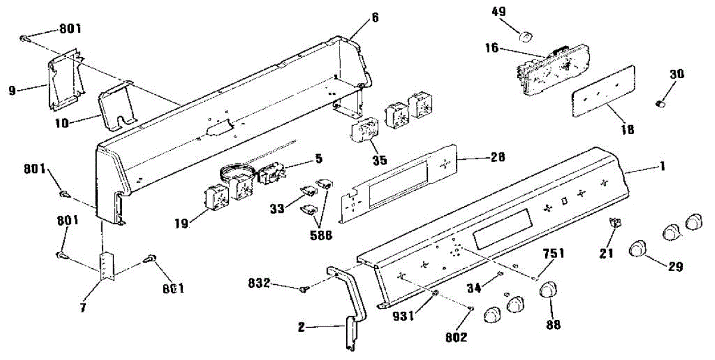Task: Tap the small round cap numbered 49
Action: (525, 37)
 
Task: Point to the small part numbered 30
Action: (659, 104)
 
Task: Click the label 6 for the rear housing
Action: (375, 18)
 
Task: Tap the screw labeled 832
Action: (306, 289)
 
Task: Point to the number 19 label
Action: (182, 224)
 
